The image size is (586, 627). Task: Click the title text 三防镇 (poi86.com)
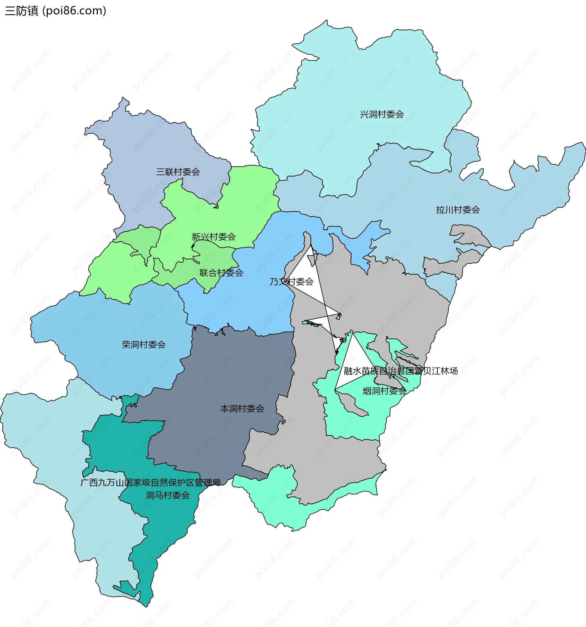[56, 11]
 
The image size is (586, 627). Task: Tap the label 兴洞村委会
[382, 114]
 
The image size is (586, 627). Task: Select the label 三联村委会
[178, 172]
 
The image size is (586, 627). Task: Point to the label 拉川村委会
[458, 210]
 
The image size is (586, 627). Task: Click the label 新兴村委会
[214, 237]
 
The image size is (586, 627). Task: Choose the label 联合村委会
[221, 273]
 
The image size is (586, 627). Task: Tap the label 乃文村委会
[291, 282]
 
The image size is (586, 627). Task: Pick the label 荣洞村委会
[143, 344]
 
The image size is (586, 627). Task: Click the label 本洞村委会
[242, 409]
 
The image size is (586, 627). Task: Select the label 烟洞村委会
[384, 391]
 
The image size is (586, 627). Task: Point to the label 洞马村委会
[168, 495]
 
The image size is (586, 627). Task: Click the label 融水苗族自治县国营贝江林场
[400, 371]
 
